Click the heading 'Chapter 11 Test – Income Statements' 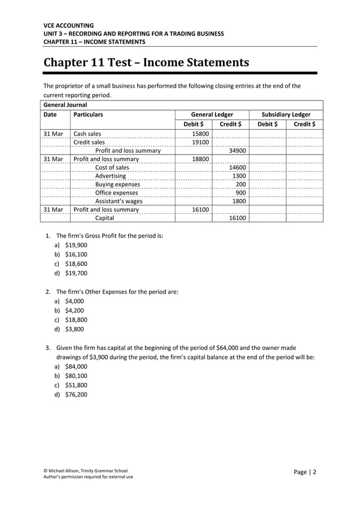[x=146, y=62]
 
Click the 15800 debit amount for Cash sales [x=201, y=134]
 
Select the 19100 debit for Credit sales [x=201, y=142]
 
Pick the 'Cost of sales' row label [x=112, y=168]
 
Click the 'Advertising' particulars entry [x=110, y=176]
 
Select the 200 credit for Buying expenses [x=240, y=185]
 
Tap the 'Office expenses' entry [x=116, y=192]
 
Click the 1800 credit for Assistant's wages [x=239, y=201]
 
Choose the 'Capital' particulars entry [x=104, y=218]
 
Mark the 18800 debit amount [x=201, y=159]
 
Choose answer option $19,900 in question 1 [x=76, y=245]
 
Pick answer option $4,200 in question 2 [x=76, y=310]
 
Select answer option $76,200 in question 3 [x=76, y=394]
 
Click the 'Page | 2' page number [x=305, y=472]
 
